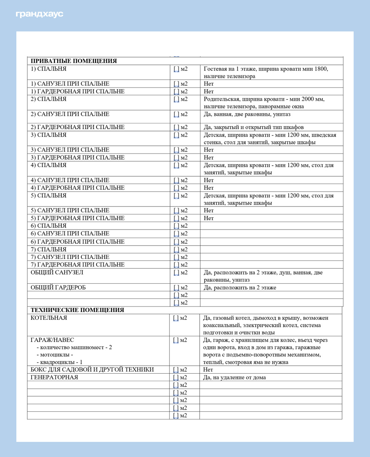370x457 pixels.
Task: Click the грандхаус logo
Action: click(x=39, y=14)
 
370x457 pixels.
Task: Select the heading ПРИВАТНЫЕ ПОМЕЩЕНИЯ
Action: click(x=74, y=61)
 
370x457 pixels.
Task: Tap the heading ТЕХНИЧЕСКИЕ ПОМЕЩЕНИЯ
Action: click(x=77, y=310)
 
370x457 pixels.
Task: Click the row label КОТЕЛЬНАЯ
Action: click(x=49, y=318)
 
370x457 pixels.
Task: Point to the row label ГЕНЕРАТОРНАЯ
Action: click(x=54, y=377)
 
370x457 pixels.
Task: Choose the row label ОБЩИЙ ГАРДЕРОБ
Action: click(x=58, y=288)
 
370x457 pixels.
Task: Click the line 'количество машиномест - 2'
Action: click(x=74, y=347)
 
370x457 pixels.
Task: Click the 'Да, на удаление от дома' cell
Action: click(x=235, y=377)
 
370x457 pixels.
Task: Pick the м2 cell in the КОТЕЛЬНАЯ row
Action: click(x=180, y=318)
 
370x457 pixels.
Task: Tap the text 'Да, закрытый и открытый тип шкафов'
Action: click(x=253, y=127)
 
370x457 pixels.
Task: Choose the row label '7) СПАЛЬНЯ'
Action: click(x=48, y=249)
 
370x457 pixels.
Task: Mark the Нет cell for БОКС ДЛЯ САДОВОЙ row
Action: click(x=208, y=369)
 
